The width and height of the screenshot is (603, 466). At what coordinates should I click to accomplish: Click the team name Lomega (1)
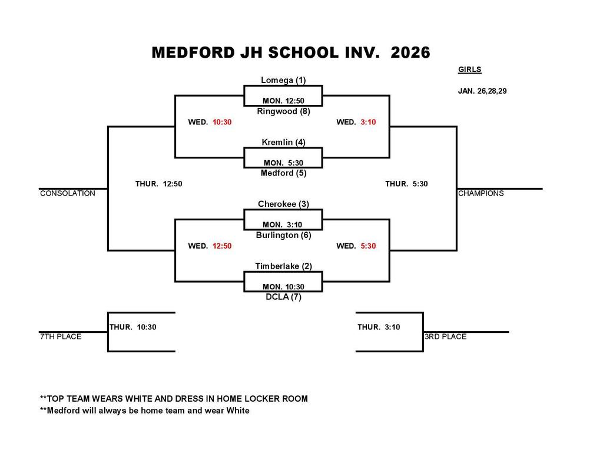(x=283, y=80)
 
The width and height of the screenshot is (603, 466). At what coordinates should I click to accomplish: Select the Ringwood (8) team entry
(x=283, y=111)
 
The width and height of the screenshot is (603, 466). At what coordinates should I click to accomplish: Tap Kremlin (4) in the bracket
(x=283, y=142)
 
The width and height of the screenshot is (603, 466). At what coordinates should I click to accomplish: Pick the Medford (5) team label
(x=283, y=173)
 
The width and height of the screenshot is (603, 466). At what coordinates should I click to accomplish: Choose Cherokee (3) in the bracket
(x=283, y=204)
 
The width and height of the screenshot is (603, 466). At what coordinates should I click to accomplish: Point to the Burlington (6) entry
(x=283, y=235)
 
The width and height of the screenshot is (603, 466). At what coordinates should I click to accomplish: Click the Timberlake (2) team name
(x=283, y=266)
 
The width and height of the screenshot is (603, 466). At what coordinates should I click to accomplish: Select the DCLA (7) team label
(x=283, y=297)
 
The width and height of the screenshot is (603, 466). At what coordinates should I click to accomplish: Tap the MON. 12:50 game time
(x=283, y=101)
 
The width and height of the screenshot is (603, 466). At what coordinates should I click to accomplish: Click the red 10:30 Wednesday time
(x=222, y=122)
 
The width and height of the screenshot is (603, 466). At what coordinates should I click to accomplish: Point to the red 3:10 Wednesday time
(x=368, y=122)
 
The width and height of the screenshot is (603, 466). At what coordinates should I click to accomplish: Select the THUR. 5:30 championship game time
(x=406, y=184)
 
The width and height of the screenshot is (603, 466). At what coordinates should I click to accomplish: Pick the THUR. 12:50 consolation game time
(x=158, y=184)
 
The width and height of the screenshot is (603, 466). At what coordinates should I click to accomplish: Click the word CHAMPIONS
(x=481, y=193)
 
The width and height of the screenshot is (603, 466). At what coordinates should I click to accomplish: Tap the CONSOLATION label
(x=67, y=193)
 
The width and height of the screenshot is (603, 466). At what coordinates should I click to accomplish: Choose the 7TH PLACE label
(x=60, y=336)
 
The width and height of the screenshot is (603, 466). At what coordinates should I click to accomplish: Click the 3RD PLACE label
(x=445, y=336)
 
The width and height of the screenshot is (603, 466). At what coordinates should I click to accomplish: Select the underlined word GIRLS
(x=469, y=70)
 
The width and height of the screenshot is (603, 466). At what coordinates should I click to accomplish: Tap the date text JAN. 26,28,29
(x=482, y=91)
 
